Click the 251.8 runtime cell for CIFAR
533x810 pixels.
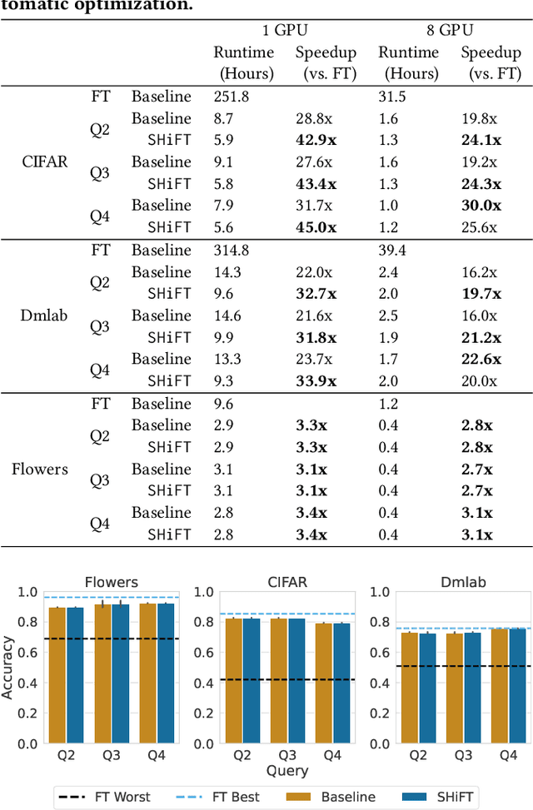tap(231, 97)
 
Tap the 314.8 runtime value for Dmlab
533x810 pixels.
tap(231, 250)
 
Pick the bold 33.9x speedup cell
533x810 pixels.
tap(316, 381)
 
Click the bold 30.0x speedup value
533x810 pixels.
tap(482, 206)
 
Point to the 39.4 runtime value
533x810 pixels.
tap(391, 250)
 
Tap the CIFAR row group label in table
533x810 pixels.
tap(42, 162)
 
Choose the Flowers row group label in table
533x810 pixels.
tap(40, 469)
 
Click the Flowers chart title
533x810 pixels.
tap(111, 582)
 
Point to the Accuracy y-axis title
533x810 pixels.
tap(8, 667)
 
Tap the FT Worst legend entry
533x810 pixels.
tap(105, 797)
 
